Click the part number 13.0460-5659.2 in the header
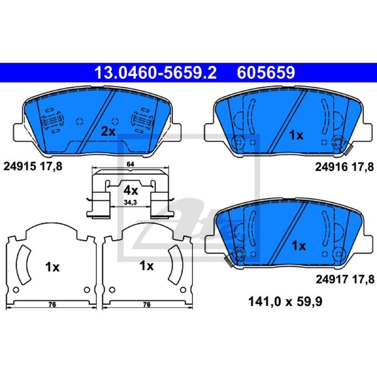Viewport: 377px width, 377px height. pyautogui.click(x=156, y=73)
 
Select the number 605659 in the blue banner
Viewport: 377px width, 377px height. pyautogui.click(x=266, y=73)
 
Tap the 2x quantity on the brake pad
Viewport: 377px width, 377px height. pyautogui.click(x=108, y=131)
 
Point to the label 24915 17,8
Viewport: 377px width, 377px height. pyautogui.click(x=33, y=166)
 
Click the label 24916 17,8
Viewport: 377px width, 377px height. pyautogui.click(x=344, y=167)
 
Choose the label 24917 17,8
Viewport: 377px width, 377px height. pyautogui.click(x=345, y=279)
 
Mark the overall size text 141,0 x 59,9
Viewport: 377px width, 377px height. pyautogui.click(x=285, y=302)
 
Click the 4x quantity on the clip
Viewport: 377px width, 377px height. pyautogui.click(x=131, y=191)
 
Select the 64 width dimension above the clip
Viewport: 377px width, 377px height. pyautogui.click(x=131, y=164)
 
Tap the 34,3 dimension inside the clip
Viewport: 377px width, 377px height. pyautogui.click(x=131, y=203)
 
